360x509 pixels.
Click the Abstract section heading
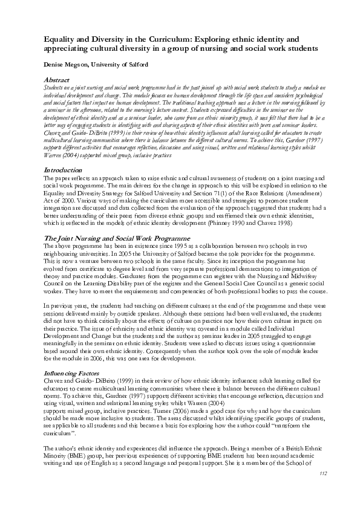pyautogui.click(x=59, y=80)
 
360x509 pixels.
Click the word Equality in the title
pyautogui.click(x=61, y=38)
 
